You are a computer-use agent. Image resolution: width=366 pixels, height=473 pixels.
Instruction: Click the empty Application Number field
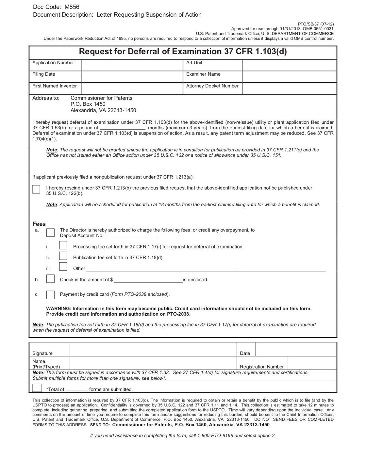click(x=132, y=65)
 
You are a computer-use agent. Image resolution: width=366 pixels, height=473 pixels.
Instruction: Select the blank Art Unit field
click(x=289, y=65)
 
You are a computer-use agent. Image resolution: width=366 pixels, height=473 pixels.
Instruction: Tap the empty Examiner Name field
click(x=289, y=77)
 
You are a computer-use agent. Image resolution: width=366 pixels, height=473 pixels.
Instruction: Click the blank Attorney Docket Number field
click(x=289, y=88)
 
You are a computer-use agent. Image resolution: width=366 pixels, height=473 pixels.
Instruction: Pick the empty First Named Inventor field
click(x=132, y=88)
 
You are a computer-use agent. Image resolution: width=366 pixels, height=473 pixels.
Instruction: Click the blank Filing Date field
click(x=132, y=77)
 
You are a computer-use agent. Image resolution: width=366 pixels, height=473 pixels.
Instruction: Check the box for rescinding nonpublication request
click(x=36, y=189)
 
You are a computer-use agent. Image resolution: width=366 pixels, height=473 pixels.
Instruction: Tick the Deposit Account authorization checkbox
click(x=50, y=232)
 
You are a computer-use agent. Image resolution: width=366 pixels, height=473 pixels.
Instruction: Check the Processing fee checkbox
click(x=63, y=245)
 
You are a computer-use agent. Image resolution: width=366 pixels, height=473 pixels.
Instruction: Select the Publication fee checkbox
click(x=63, y=256)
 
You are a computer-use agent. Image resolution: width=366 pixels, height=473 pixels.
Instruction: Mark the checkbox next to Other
click(x=63, y=267)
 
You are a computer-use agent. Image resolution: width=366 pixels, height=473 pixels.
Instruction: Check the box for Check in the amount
click(x=50, y=279)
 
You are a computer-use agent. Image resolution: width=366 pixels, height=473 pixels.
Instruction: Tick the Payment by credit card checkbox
click(x=50, y=295)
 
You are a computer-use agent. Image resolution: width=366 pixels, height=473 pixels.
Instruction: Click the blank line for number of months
click(x=123, y=128)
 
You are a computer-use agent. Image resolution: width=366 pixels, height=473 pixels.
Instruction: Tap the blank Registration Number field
click(x=312, y=363)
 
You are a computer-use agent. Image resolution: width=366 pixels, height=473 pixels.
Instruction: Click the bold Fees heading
click(x=39, y=224)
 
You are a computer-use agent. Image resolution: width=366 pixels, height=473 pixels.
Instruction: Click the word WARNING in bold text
click(x=58, y=308)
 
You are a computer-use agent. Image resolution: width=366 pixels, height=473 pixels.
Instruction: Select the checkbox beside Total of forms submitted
click(x=37, y=388)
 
